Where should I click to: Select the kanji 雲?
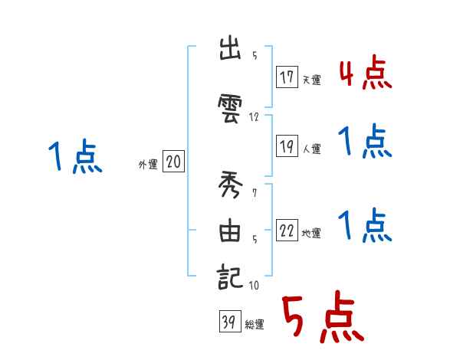click(231, 103)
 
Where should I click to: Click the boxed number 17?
click(287, 77)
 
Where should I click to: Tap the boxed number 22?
click(287, 231)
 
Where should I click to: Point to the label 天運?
click(311, 80)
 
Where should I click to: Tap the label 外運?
click(147, 163)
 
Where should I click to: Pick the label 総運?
click(254, 325)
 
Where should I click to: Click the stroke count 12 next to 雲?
click(255, 117)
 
